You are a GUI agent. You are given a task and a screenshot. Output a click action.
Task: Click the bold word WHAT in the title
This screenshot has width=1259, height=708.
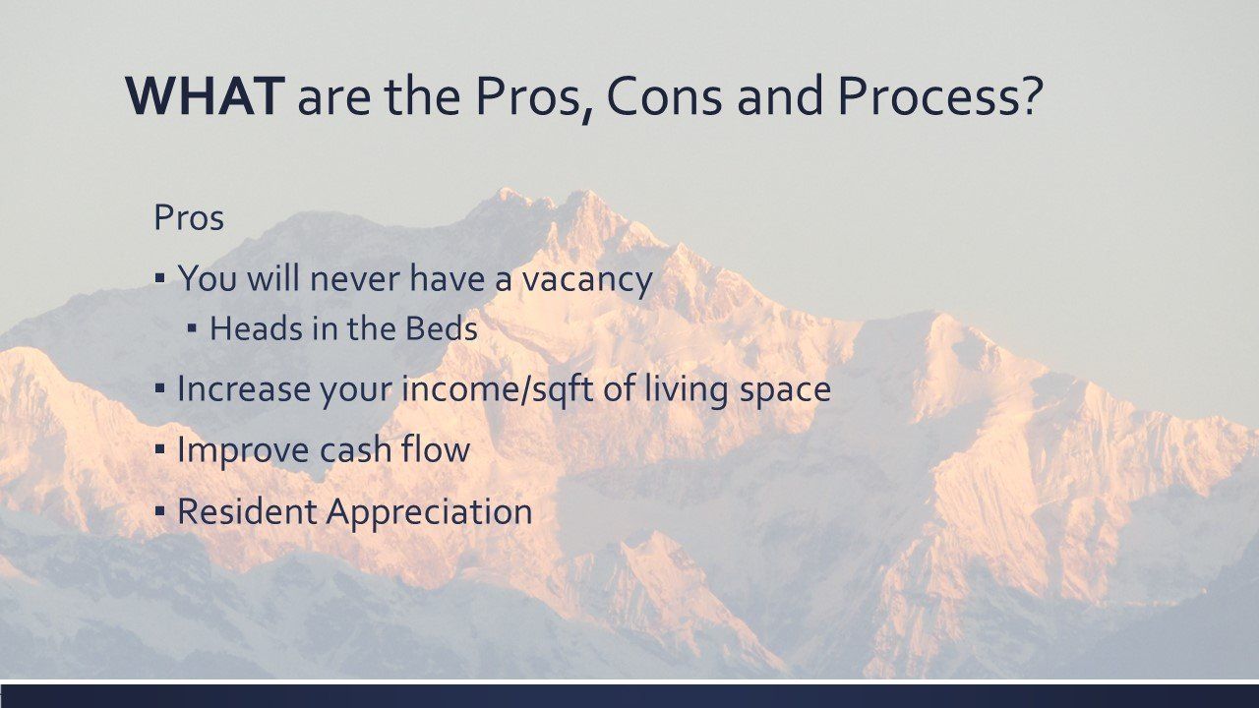205,96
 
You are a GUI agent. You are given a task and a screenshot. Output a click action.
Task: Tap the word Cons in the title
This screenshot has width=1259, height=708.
664,96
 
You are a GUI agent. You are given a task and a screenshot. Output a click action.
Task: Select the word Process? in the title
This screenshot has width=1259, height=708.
940,96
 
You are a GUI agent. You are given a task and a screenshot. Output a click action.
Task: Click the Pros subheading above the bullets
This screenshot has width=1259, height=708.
189,217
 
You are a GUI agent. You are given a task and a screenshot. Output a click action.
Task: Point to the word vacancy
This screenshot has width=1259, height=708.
587,279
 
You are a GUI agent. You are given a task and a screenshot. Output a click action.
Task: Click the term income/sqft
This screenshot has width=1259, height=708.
498,388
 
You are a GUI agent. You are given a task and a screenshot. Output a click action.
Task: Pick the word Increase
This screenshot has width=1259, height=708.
243,388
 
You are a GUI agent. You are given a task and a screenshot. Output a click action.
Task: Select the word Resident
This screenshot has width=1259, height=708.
247,511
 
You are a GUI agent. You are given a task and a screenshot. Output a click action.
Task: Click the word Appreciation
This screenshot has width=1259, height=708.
429,512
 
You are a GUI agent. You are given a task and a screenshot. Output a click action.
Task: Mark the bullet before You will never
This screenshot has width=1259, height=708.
160,278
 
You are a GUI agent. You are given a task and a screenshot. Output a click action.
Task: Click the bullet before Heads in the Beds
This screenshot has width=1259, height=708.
192,328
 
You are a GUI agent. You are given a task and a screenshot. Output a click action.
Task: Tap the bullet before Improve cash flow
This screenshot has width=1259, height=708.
160,449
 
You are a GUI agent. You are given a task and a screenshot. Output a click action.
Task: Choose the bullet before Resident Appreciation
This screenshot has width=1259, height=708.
160,511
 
